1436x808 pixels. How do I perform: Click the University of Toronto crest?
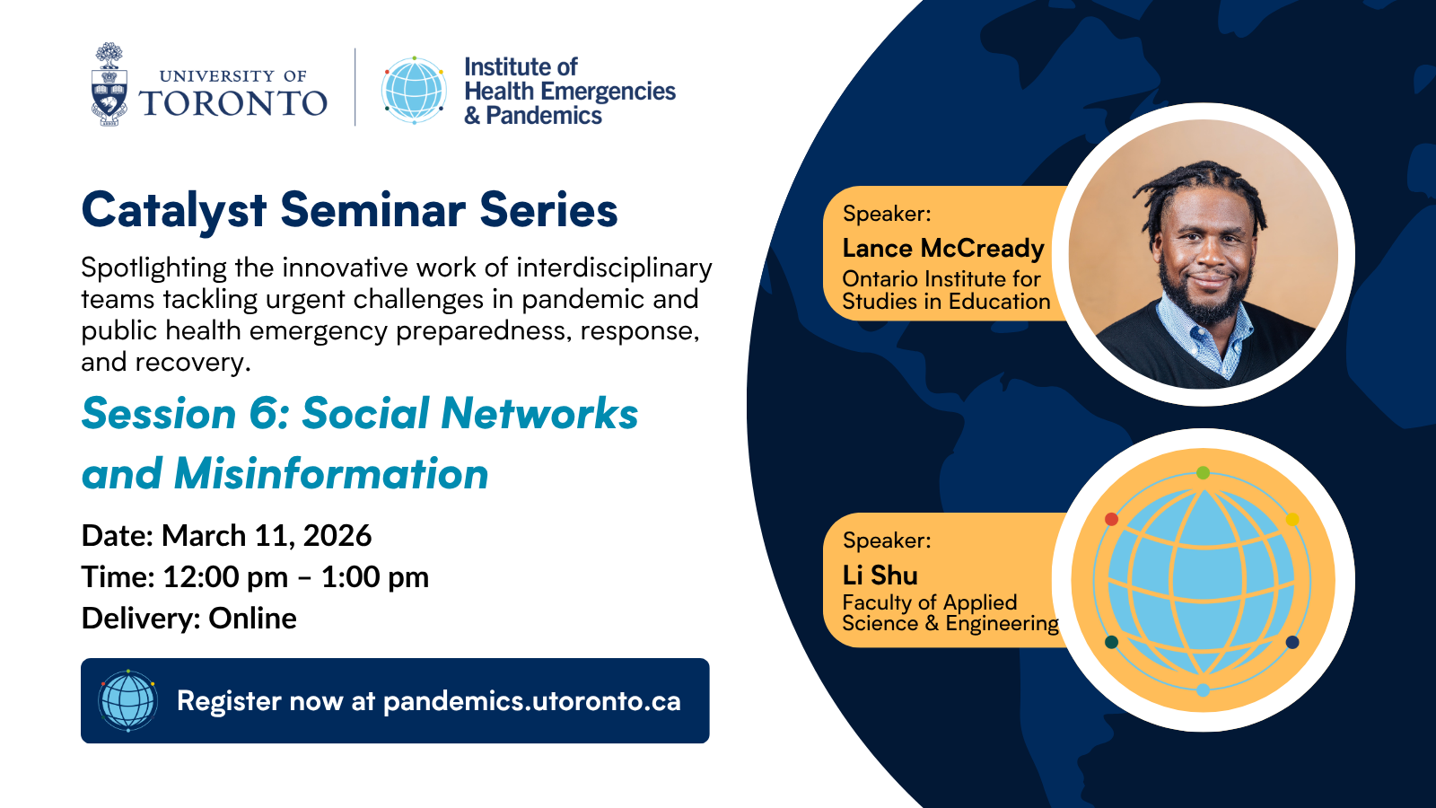(x=109, y=86)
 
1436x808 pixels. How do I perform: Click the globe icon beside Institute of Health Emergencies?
(x=414, y=90)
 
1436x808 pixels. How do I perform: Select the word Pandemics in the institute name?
(x=544, y=116)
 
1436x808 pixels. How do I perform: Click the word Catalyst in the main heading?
(x=174, y=211)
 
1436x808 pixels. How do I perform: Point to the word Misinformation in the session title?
(x=331, y=474)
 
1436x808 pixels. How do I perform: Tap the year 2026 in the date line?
(x=337, y=536)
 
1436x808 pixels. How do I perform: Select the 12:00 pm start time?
(x=225, y=577)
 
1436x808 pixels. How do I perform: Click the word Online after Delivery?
(x=252, y=619)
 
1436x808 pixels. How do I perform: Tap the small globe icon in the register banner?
(x=127, y=700)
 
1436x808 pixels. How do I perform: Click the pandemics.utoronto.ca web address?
(x=531, y=701)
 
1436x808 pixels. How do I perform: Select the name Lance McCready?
(x=942, y=249)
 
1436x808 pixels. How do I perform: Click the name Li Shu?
(x=880, y=575)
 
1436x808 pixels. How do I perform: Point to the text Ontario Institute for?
(x=941, y=279)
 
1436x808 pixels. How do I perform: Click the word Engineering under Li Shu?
(x=1002, y=624)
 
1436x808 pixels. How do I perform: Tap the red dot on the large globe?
(x=1111, y=519)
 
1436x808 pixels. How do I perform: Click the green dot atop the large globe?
(x=1203, y=472)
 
